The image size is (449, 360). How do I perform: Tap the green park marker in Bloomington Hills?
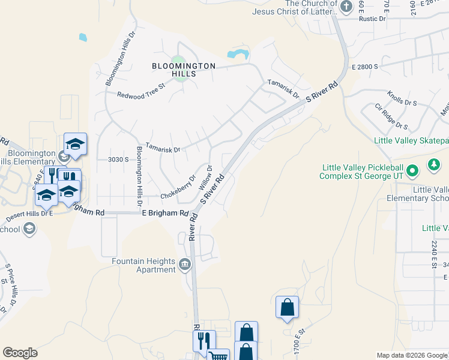[x=176, y=61]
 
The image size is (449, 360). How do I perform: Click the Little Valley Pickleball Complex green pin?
[x=412, y=172]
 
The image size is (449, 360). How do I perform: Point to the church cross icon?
[x=346, y=7]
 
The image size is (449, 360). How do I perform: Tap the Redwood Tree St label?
[x=140, y=95]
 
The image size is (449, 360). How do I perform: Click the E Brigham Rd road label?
[x=165, y=212]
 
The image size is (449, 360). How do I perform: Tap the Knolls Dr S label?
[x=402, y=99]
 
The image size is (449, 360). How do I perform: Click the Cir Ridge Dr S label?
[x=391, y=116]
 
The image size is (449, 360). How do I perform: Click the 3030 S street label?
[x=118, y=159]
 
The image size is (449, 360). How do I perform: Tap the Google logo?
[x=20, y=353]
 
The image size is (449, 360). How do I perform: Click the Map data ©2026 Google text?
[x=412, y=355]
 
